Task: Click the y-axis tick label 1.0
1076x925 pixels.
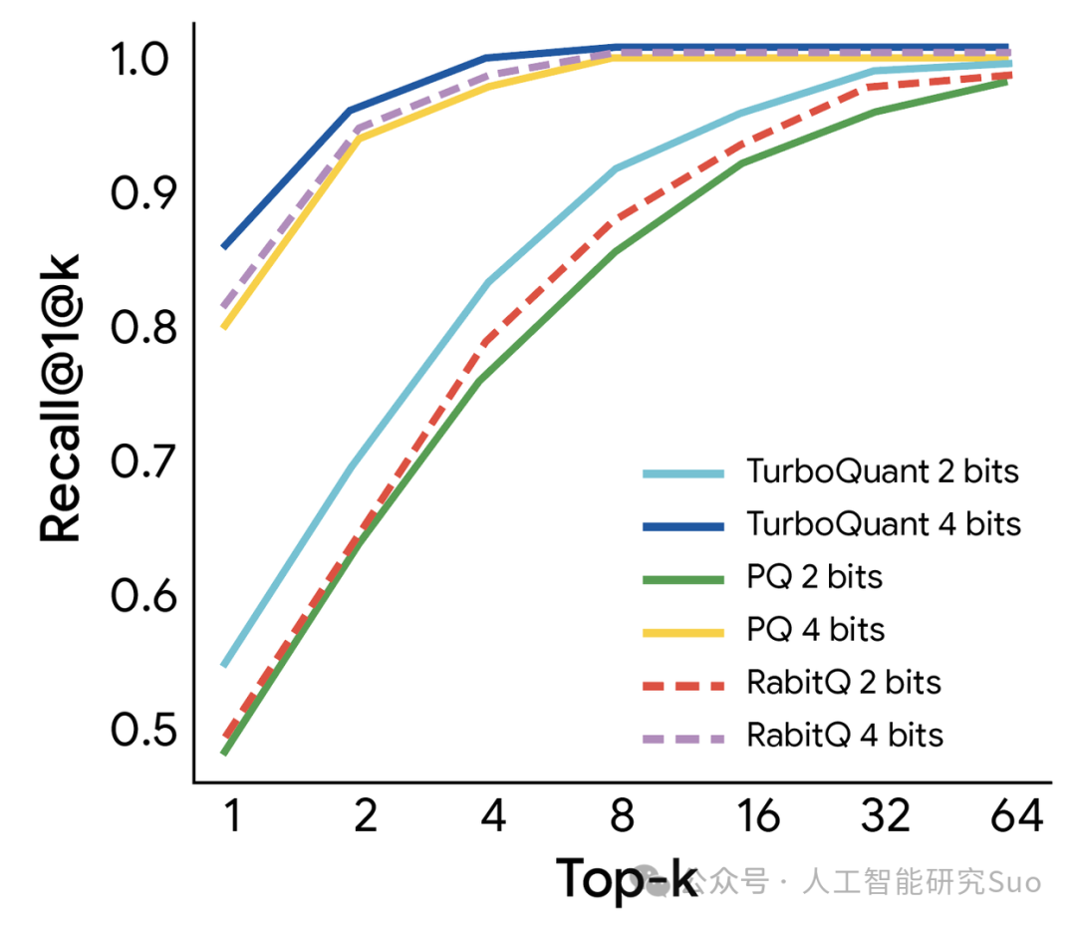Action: tap(138, 59)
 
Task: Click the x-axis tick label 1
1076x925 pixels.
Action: tap(232, 815)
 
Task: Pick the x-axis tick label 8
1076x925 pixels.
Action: tap(622, 815)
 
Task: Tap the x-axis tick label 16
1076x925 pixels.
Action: tap(757, 815)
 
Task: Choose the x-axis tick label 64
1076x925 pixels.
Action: tap(1017, 815)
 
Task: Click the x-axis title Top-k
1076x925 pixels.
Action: tap(627, 878)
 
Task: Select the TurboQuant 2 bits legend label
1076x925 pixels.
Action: tap(883, 471)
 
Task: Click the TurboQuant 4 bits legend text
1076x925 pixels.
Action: tap(884, 524)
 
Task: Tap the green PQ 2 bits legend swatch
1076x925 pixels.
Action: tap(683, 579)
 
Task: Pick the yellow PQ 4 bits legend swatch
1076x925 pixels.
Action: tap(683, 633)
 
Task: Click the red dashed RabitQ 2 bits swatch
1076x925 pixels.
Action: tap(683, 686)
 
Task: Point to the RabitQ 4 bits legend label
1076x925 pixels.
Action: tap(845, 736)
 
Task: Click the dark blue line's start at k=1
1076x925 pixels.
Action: tap(224, 246)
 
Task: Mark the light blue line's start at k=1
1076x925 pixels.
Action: tap(224, 666)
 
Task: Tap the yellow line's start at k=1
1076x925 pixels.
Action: tap(224, 328)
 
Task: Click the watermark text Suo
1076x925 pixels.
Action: tap(1014, 882)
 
